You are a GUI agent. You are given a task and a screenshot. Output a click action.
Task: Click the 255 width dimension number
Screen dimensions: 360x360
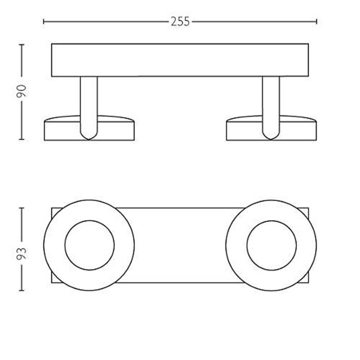[180, 22]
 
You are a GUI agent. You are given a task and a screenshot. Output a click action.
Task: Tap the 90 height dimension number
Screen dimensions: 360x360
[22, 91]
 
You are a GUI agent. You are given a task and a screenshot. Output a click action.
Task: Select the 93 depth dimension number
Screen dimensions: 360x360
[22, 253]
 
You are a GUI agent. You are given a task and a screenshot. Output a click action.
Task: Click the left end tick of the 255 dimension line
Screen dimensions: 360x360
[44, 22]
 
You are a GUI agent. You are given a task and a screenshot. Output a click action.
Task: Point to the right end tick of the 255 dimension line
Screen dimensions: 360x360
[317, 22]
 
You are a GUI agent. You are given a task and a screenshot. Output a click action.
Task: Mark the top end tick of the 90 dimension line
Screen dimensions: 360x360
[22, 44]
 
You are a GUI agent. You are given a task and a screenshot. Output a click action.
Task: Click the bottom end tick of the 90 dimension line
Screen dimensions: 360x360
[22, 139]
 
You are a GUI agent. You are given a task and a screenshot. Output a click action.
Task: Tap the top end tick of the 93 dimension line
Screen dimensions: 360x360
[22, 208]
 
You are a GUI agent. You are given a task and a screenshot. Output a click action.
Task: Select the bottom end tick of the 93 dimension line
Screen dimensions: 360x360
[22, 290]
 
